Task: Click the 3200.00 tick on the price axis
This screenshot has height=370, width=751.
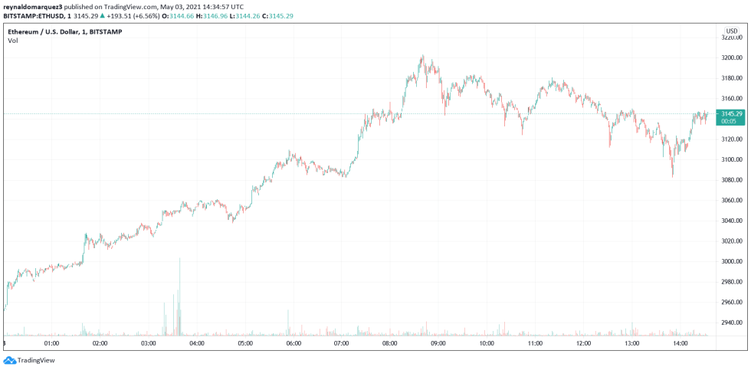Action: coord(731,57)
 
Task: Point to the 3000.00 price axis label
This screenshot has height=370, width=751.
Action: coord(731,261)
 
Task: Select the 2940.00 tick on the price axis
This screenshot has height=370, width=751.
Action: coord(731,323)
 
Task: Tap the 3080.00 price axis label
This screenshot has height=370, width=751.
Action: coord(731,180)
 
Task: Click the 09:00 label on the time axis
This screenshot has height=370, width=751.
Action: coord(438,343)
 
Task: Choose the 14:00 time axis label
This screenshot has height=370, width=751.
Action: coord(680,343)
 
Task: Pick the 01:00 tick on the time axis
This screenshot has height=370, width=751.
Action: coord(52,343)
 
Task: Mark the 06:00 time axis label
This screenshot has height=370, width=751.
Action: coord(294,343)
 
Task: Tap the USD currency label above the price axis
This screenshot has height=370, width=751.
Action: coord(731,31)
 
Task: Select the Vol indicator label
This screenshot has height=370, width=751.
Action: coord(13,41)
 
